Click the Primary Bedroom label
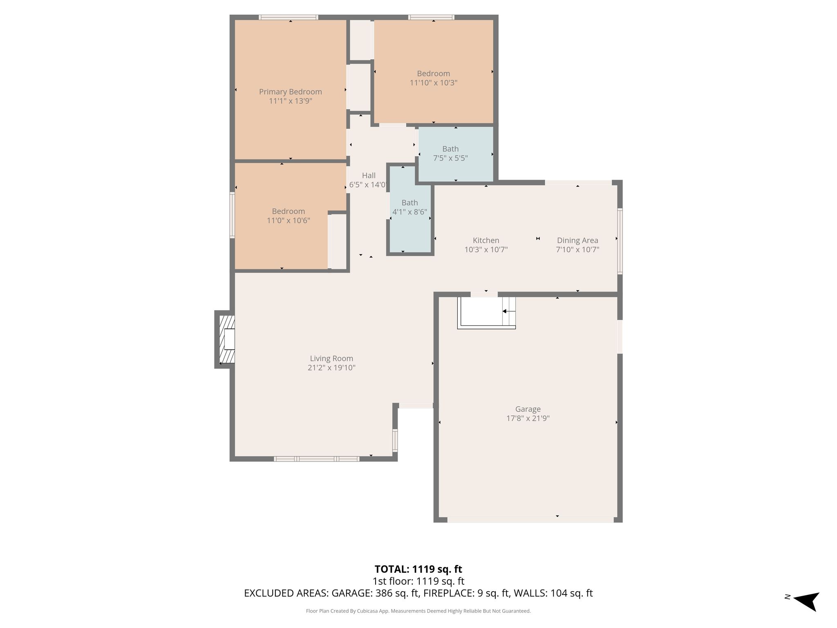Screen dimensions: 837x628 [x=290, y=92]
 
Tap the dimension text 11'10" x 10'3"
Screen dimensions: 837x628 [x=433, y=83]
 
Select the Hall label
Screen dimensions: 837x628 [x=369, y=175]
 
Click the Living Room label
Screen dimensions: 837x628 [x=331, y=359]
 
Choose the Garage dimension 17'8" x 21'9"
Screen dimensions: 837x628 [x=528, y=418]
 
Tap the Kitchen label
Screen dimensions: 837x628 [x=486, y=240]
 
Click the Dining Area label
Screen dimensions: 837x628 [x=577, y=240]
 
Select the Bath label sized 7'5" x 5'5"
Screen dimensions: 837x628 [x=450, y=149]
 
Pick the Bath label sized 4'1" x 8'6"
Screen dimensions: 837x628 [x=410, y=202]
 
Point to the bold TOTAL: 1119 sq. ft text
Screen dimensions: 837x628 [x=418, y=569]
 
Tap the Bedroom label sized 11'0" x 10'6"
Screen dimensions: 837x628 [x=289, y=211]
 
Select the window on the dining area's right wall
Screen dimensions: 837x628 [x=620, y=241]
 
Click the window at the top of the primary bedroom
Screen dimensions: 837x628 [x=289, y=17]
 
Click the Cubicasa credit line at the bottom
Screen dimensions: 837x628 [x=418, y=611]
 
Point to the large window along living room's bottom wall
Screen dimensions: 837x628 [x=317, y=459]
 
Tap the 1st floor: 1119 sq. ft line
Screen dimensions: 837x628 [x=418, y=581]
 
